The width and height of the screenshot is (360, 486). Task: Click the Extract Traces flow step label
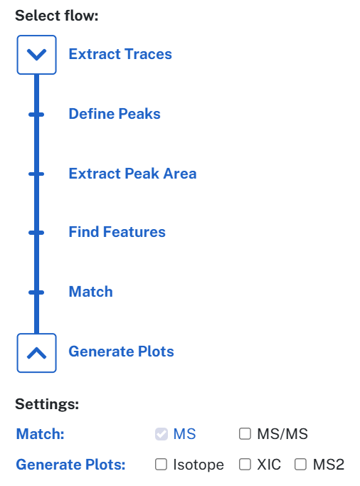(x=120, y=54)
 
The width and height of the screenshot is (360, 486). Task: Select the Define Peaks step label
(x=115, y=114)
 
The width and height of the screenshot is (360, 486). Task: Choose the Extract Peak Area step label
(x=132, y=173)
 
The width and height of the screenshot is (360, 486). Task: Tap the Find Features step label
(x=117, y=232)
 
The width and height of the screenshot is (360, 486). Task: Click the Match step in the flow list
(x=91, y=292)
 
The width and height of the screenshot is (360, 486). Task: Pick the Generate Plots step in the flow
(x=121, y=352)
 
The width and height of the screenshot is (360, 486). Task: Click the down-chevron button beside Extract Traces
(x=36, y=55)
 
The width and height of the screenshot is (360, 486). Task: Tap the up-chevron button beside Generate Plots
(x=36, y=353)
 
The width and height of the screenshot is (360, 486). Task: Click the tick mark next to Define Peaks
(x=36, y=115)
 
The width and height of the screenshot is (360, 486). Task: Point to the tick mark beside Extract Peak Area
(x=36, y=174)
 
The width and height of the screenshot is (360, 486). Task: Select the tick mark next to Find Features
(x=36, y=233)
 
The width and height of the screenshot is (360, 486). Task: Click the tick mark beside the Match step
(x=36, y=292)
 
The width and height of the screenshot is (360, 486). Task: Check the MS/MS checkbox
(x=245, y=434)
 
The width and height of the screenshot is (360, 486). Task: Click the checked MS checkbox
(x=162, y=434)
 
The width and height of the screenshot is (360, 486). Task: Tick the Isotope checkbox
(x=161, y=465)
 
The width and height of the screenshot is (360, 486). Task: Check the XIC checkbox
(x=245, y=465)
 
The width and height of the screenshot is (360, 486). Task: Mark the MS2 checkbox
(x=300, y=465)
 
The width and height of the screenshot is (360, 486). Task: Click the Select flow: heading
(x=57, y=16)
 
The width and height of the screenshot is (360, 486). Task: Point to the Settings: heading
(x=47, y=404)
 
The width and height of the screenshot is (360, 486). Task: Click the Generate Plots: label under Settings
(x=70, y=465)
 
